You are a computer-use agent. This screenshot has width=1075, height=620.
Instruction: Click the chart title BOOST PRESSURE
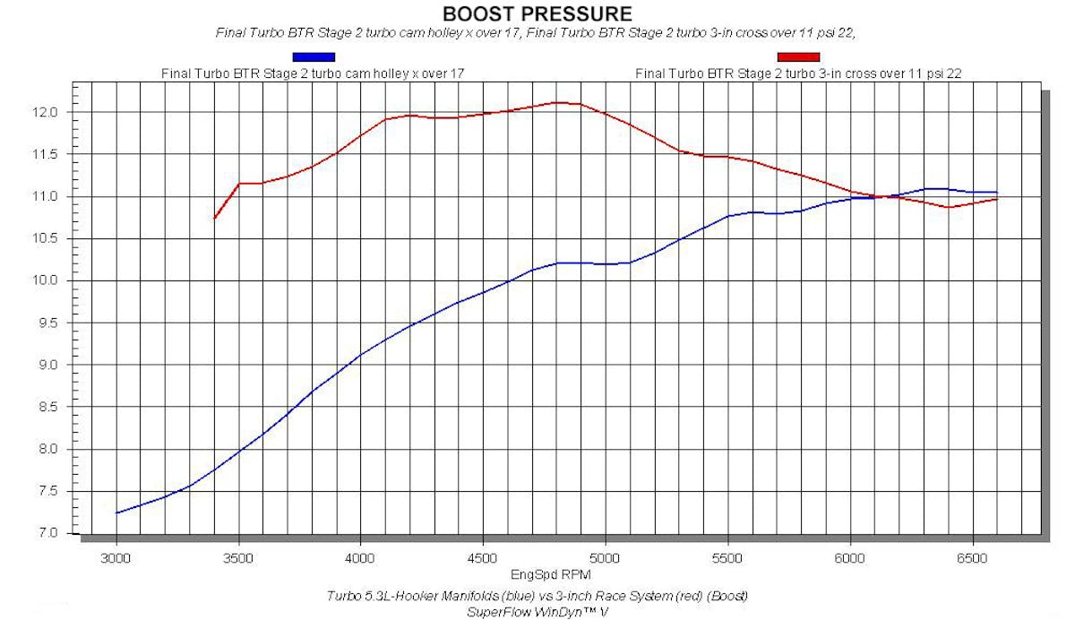click(537, 13)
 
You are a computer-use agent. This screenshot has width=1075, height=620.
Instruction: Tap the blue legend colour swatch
click(313, 58)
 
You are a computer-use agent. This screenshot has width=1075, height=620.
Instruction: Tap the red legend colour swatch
click(797, 58)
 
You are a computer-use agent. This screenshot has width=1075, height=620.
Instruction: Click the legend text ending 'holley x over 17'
click(312, 73)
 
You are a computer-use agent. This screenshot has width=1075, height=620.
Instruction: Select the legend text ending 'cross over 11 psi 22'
click(798, 73)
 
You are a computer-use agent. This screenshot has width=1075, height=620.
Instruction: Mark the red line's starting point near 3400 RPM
click(215, 218)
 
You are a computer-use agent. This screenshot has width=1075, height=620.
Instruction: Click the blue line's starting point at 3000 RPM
click(117, 512)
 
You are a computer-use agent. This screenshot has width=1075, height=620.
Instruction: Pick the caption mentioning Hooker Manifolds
click(537, 596)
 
